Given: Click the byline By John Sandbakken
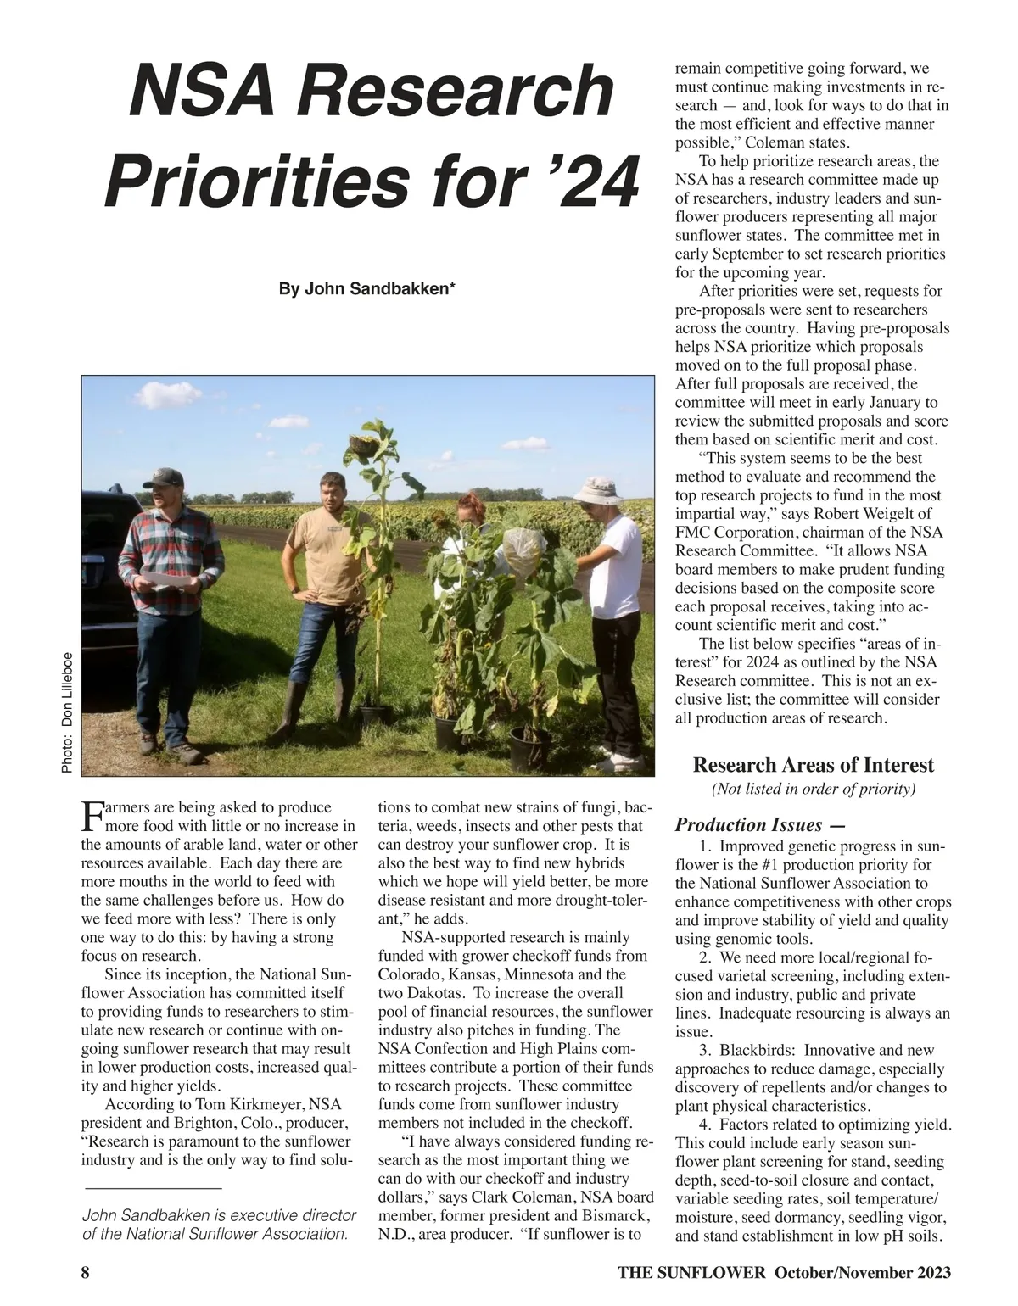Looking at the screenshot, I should pyautogui.click(x=367, y=289).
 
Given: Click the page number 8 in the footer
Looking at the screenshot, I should pyautogui.click(x=86, y=1273).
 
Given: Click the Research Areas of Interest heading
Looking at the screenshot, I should pyautogui.click(x=813, y=765).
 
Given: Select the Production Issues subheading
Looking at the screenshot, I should pyautogui.click(x=748, y=824).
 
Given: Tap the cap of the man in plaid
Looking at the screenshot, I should pyautogui.click(x=164, y=477).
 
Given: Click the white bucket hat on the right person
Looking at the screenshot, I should pyautogui.click(x=596, y=489).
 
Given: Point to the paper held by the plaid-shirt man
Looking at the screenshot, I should pyautogui.click(x=166, y=578).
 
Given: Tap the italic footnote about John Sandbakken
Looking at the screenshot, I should pyautogui.click(x=218, y=1225).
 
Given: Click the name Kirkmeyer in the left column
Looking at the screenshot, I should pyautogui.click(x=260, y=1104).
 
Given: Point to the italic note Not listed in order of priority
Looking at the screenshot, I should pyautogui.click(x=813, y=790).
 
